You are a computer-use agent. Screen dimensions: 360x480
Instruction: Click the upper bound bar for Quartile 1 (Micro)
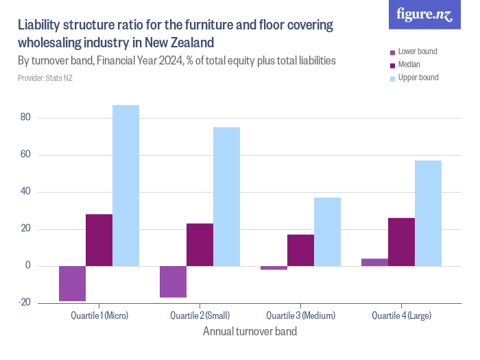pyautogui.click(x=125, y=185)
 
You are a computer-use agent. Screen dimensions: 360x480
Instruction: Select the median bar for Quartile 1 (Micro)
pyautogui.click(x=99, y=240)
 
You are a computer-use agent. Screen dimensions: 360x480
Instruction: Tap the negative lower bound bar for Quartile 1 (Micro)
pyautogui.click(x=72, y=283)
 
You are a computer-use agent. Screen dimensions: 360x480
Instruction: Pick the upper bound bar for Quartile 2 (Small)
pyautogui.click(x=226, y=196)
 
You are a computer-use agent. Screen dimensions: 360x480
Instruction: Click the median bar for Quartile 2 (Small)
pyautogui.click(x=200, y=245)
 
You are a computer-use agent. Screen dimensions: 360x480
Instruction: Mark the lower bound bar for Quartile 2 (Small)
pyautogui.click(x=173, y=281)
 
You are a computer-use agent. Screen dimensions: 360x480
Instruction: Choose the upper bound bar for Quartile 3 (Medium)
pyautogui.click(x=327, y=232)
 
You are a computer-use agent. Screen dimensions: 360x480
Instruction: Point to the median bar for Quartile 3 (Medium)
pyautogui.click(x=300, y=250)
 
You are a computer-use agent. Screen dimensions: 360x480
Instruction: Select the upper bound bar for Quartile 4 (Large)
pyautogui.click(x=428, y=213)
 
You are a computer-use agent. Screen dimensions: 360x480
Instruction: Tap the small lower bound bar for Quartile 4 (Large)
pyautogui.click(x=374, y=262)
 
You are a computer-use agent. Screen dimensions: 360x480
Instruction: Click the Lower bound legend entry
pyautogui.click(x=417, y=51)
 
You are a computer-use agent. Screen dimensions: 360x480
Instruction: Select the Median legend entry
pyautogui.click(x=409, y=64)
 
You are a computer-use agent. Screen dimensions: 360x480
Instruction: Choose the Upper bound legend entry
pyautogui.click(x=418, y=77)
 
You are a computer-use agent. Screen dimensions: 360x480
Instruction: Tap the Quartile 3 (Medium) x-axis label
pyautogui.click(x=300, y=316)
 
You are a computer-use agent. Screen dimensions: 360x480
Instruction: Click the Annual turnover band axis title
pyautogui.click(x=250, y=332)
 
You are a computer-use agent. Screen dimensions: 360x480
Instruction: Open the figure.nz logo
pyautogui.click(x=424, y=14)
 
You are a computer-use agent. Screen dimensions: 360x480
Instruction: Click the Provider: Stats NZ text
pyautogui.click(x=45, y=78)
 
